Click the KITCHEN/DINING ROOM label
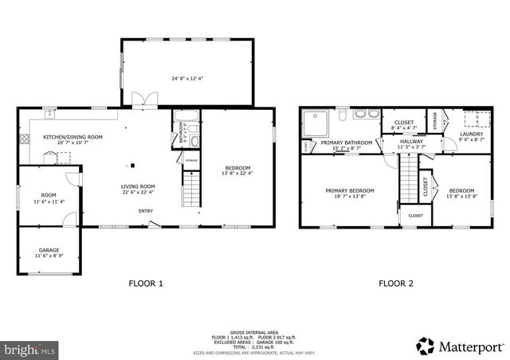pyautogui.click(x=73, y=137)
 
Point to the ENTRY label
pyautogui.click(x=146, y=211)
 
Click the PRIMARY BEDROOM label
pyautogui.click(x=350, y=190)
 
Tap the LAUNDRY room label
pyautogui.click(x=472, y=134)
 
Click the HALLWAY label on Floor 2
pyautogui.click(x=412, y=142)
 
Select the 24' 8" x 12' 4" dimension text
pyautogui.click(x=187, y=78)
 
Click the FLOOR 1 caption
pyautogui.click(x=146, y=283)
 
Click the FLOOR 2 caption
pyautogui.click(x=394, y=283)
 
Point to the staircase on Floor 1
pyautogui.click(x=191, y=191)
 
